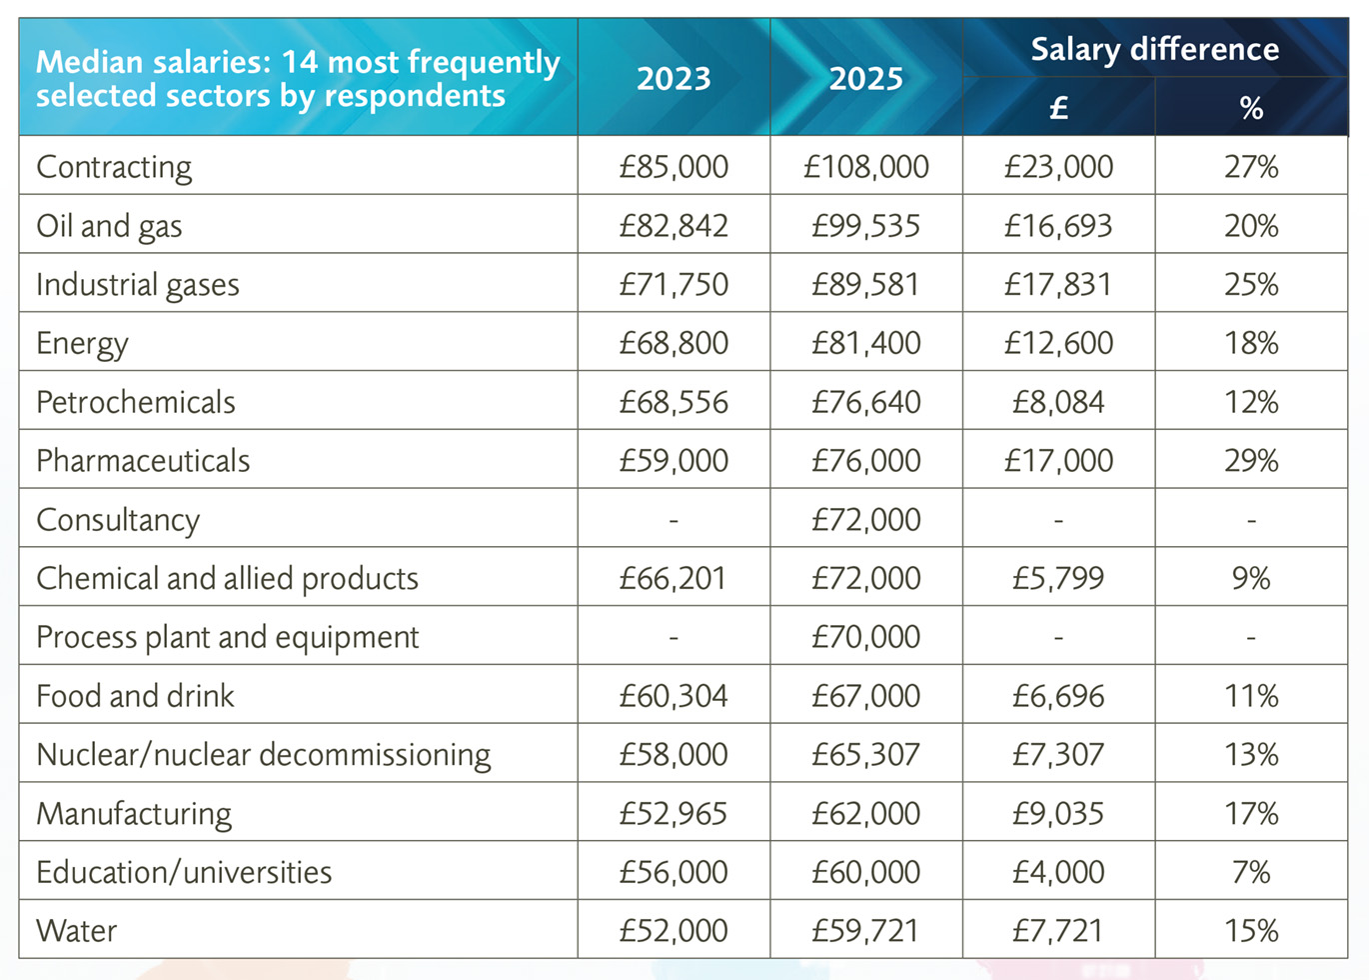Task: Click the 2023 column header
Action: pyautogui.click(x=674, y=78)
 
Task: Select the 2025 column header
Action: pyautogui.click(x=866, y=78)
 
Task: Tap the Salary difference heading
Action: pyautogui.click(x=1154, y=49)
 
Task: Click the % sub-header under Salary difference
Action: pyautogui.click(x=1251, y=108)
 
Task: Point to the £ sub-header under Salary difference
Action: pyautogui.click(x=1058, y=108)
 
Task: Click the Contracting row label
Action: pyautogui.click(x=114, y=167)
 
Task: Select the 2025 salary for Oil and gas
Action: pyautogui.click(x=866, y=226)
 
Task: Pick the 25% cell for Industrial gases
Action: pyautogui.click(x=1251, y=285)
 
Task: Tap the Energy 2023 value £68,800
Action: pyautogui.click(x=674, y=343)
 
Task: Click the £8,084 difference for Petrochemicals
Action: pyautogui.click(x=1058, y=402)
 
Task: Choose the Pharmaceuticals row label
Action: pyautogui.click(x=143, y=461)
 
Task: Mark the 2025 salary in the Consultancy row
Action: pyautogui.click(x=866, y=520)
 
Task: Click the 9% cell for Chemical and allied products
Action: pyautogui.click(x=1251, y=578)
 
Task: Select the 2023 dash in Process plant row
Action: pyautogui.click(x=674, y=637)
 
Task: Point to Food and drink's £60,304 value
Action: pyautogui.click(x=674, y=696)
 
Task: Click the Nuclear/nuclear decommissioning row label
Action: pyautogui.click(x=264, y=755)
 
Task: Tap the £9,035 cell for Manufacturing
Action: pyautogui.click(x=1058, y=813)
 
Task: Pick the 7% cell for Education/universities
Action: pyautogui.click(x=1251, y=872)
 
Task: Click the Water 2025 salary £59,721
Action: pyautogui.click(x=866, y=931)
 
